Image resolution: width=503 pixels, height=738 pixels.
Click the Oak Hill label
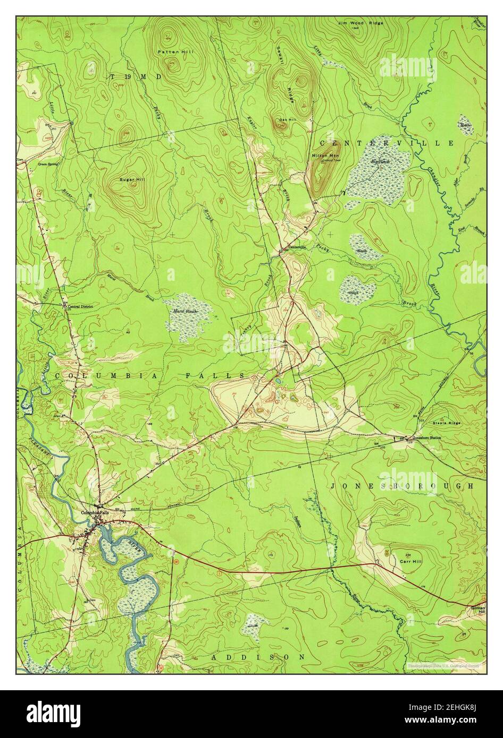[280, 119]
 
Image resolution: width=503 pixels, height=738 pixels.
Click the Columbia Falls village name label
[95, 512]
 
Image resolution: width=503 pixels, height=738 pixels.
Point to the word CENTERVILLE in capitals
[387, 143]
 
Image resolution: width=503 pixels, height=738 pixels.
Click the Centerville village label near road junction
[298, 247]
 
